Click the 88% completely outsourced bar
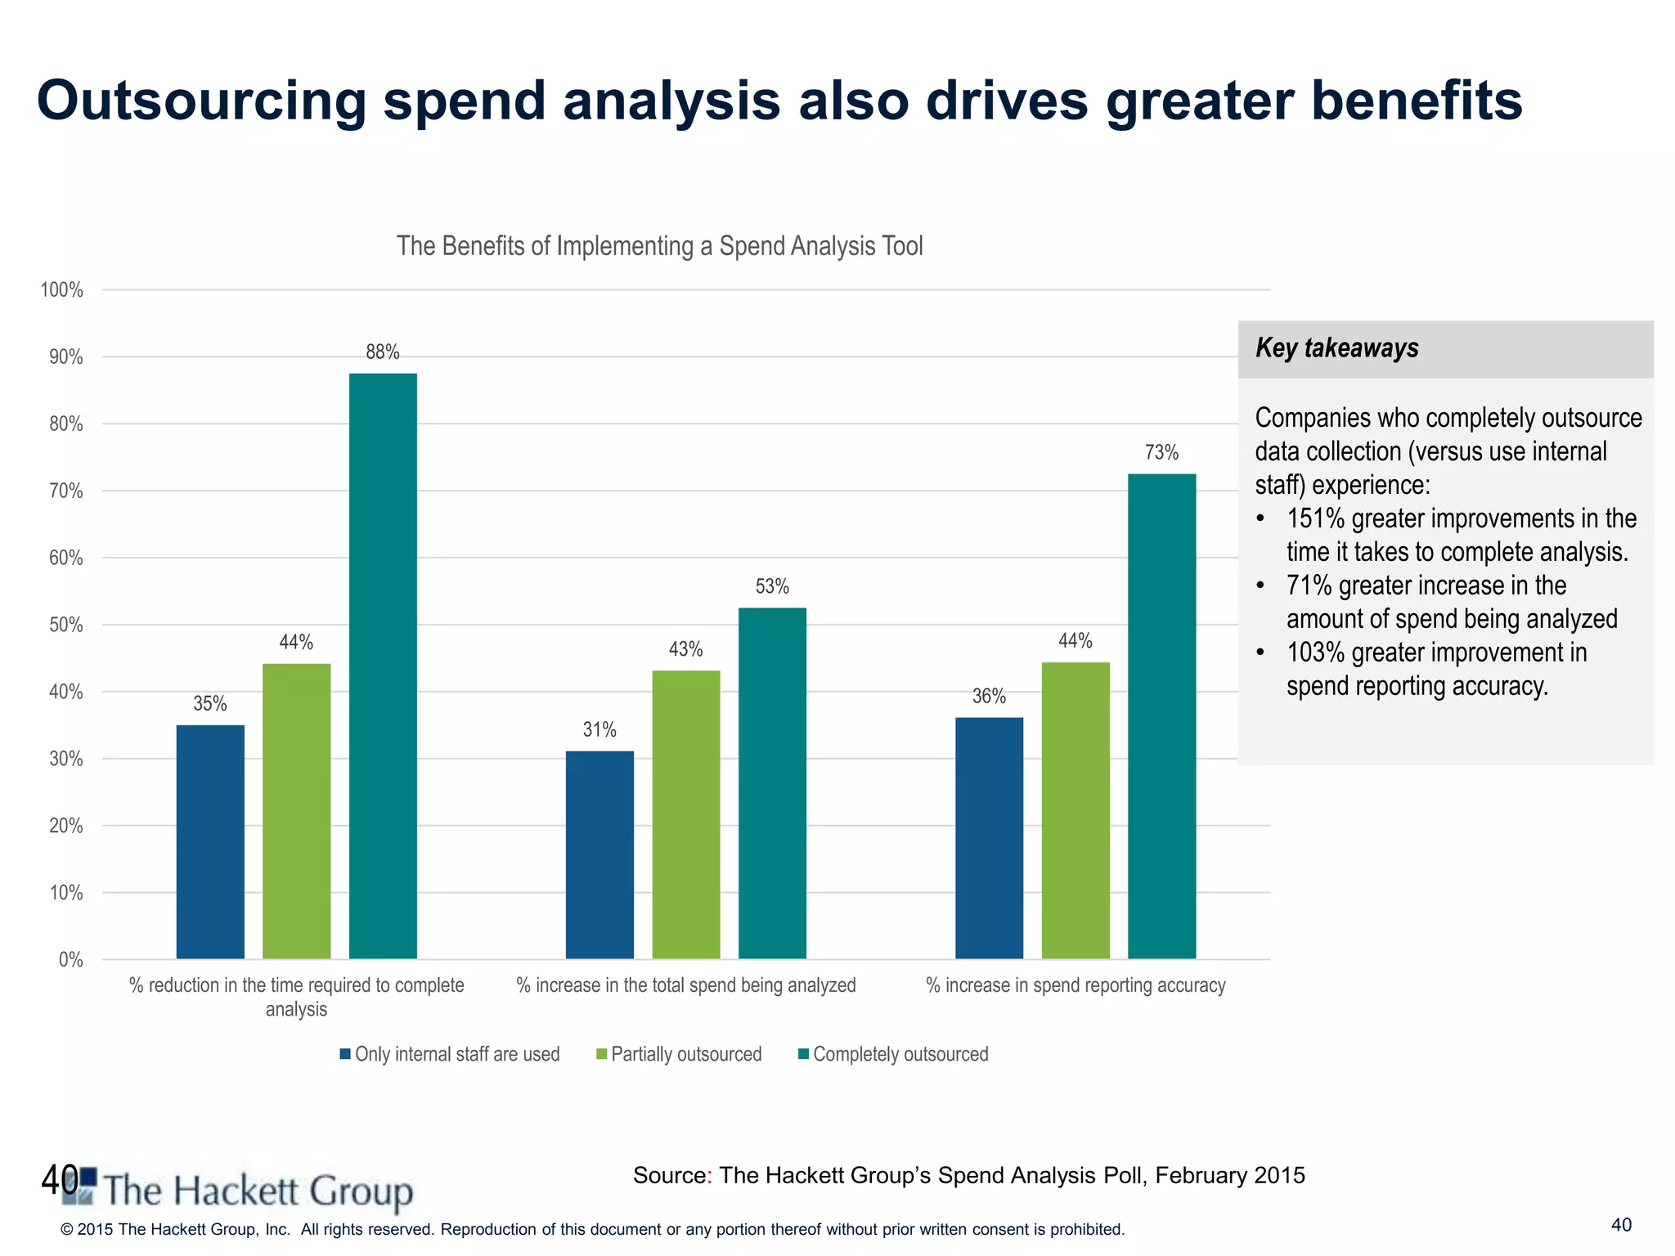pos(383,666)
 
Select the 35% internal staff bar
pos(210,841)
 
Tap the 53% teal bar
pos(772,783)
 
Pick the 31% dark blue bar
pos(599,855)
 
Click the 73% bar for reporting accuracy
pos(1161,715)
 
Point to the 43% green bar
pos(686,814)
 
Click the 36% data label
pos(989,697)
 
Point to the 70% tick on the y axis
pos(66,491)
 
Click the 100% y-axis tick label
pos(62,290)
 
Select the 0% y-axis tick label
pos(70,960)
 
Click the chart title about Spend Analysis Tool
pos(659,246)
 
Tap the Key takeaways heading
pos(1336,348)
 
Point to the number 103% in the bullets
pos(1315,653)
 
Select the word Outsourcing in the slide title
pos(200,101)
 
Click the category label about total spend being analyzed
pos(685,985)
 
